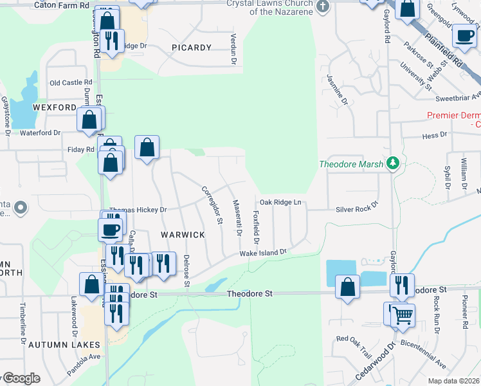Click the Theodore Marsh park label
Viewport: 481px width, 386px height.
tap(352, 164)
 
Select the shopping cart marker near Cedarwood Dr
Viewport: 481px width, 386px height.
tap(403, 315)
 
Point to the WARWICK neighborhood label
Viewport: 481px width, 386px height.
tap(183, 235)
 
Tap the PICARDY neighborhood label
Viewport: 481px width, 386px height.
tap(192, 48)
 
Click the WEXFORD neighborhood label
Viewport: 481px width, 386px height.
tap(57, 107)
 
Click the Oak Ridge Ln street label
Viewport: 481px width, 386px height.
tap(280, 203)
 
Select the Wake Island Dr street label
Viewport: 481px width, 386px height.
tap(262, 253)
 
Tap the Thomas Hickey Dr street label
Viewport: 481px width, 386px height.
tap(138, 210)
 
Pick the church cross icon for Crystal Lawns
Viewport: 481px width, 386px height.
tap(323, 6)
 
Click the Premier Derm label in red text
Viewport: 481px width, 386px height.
tap(454, 116)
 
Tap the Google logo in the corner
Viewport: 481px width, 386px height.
tap(21, 378)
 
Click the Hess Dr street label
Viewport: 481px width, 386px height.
tap(434, 135)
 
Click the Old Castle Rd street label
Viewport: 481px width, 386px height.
tap(71, 83)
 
